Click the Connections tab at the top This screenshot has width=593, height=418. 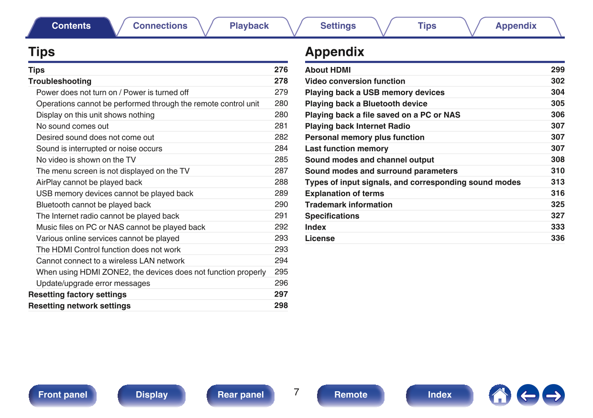pos(160,26)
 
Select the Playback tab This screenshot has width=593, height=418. pos(249,26)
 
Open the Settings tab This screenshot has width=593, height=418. pos(338,26)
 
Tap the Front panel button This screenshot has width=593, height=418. pos(63,395)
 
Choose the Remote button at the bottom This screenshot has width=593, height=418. pos(351,395)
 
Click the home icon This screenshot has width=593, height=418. pos(500,396)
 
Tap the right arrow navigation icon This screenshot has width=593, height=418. pos(554,396)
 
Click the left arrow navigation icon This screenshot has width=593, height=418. pos(527,396)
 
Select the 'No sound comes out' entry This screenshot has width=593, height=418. pos(73,126)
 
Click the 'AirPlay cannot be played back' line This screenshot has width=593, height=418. pos(89,182)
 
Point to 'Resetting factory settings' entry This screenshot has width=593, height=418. pos(77,295)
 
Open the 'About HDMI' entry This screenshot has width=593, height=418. pos(328,70)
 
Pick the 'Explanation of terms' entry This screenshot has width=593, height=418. pos(344,194)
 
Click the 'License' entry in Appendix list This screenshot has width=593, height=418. pos(320,239)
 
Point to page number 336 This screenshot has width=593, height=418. pos(558,238)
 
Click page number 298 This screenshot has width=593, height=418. pos(281,306)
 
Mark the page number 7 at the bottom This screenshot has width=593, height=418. pos(296,393)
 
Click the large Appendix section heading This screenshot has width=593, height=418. pos(335,52)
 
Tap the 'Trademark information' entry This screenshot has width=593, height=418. pos(349,205)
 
